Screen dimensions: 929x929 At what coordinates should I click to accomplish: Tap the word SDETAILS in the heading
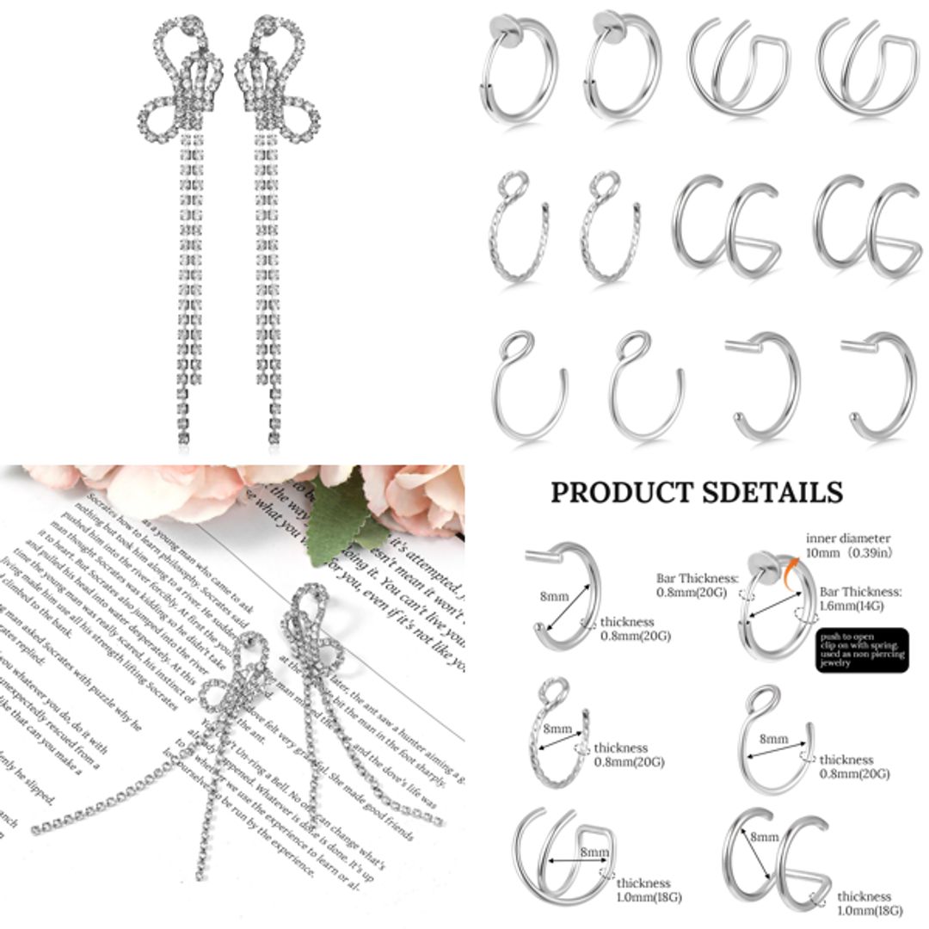coord(772,492)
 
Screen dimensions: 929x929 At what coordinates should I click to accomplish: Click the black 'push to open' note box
coord(860,650)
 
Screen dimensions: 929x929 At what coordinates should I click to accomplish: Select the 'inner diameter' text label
coord(847,538)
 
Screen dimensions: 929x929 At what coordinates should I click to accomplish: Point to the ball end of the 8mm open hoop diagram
coord(539,627)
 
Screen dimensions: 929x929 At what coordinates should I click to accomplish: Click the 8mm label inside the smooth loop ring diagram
coord(772,739)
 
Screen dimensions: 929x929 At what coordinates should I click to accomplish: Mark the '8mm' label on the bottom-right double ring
coord(764,836)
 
